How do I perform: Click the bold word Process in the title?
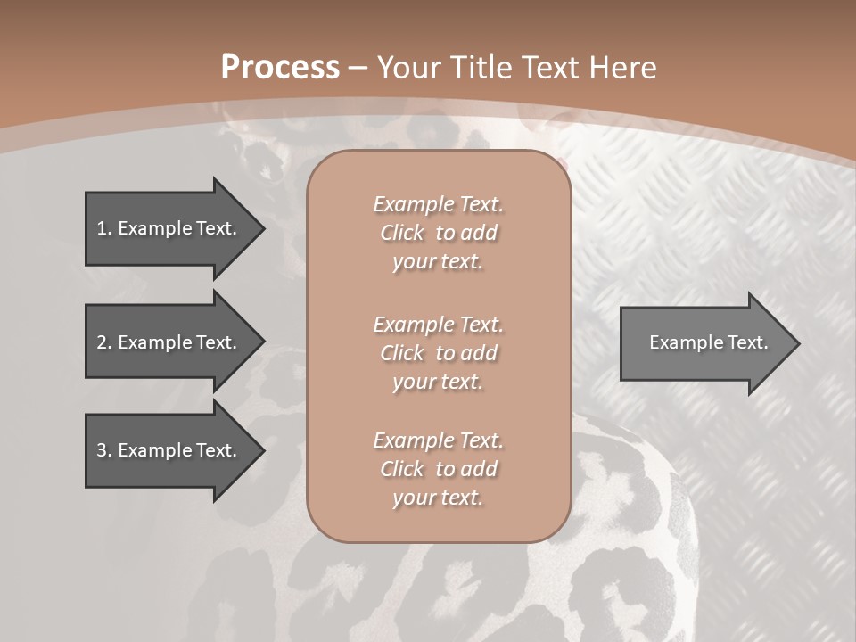point(280,68)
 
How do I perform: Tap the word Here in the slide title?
point(623,68)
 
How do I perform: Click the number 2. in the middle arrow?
point(104,342)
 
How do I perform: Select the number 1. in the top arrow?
point(104,228)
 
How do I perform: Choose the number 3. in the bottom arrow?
point(104,450)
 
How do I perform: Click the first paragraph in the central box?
point(438,233)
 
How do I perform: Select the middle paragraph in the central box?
point(438,353)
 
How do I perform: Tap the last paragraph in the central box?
point(438,469)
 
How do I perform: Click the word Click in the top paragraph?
point(401,233)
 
